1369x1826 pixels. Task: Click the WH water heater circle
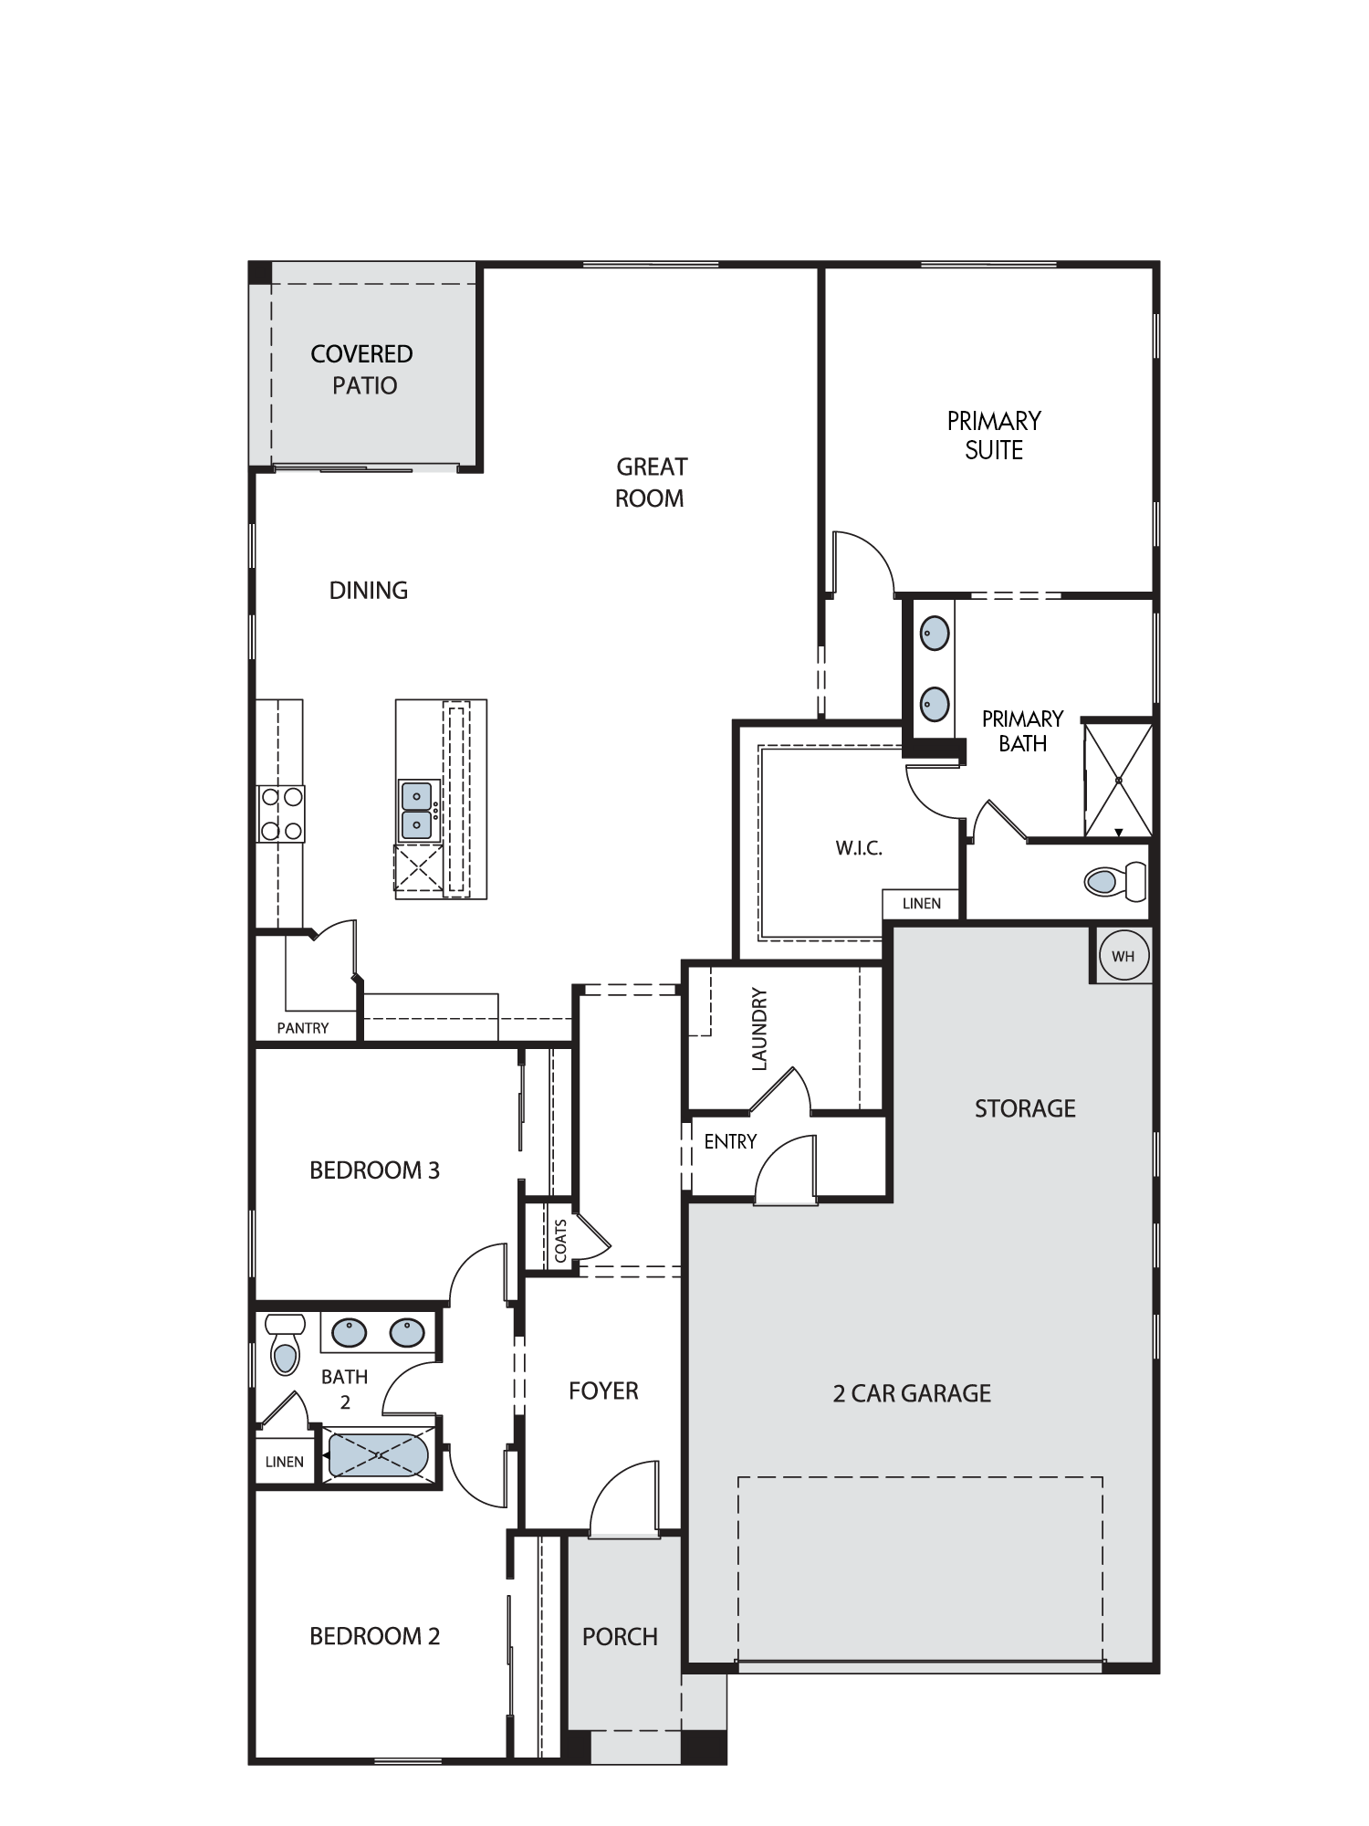point(1123,956)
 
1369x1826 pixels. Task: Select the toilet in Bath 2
point(285,1343)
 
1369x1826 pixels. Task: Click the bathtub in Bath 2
point(378,1456)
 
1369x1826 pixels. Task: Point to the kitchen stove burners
point(281,813)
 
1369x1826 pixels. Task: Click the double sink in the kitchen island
point(418,810)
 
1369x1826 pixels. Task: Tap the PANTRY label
point(303,1028)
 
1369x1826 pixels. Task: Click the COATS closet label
point(560,1241)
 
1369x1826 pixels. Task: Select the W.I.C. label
point(859,848)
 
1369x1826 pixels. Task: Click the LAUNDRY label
point(759,1029)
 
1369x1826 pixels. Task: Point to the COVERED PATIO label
point(363,369)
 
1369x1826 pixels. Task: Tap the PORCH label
point(620,1637)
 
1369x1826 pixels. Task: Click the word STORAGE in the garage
point(1025,1108)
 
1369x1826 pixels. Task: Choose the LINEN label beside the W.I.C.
point(921,903)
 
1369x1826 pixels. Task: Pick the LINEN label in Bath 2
point(284,1462)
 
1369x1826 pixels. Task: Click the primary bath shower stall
point(1118,779)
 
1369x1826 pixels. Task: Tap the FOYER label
point(603,1390)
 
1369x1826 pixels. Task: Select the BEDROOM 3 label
point(374,1170)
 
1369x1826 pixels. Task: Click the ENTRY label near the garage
point(730,1141)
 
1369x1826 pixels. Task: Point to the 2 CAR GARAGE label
point(912,1393)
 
